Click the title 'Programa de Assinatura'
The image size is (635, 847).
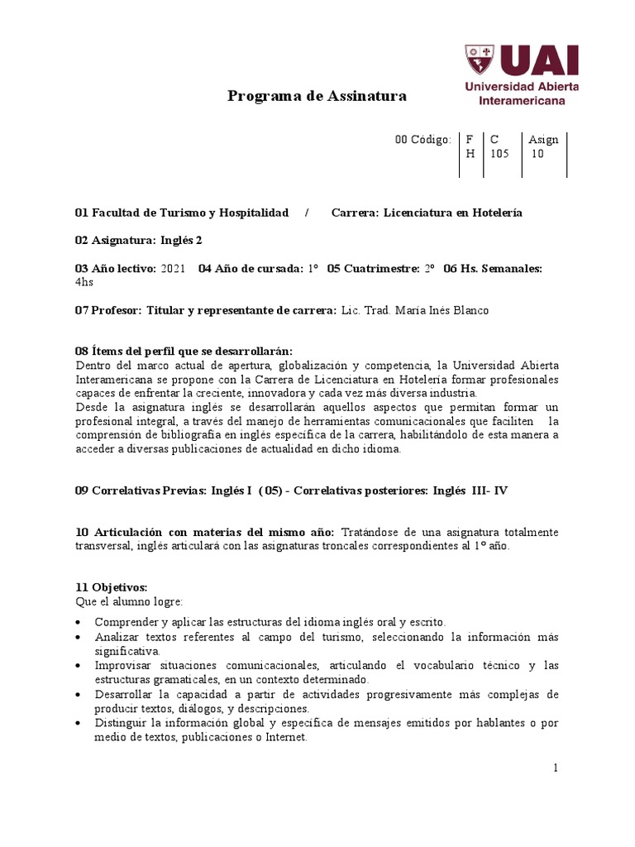pyautogui.click(x=317, y=96)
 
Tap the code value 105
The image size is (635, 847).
pyautogui.click(x=499, y=154)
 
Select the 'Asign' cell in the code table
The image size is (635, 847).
pyautogui.click(x=543, y=139)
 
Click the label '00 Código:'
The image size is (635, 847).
pyautogui.click(x=423, y=139)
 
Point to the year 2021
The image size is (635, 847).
pyautogui.click(x=173, y=268)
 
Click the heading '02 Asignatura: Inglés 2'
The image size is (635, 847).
pyautogui.click(x=138, y=240)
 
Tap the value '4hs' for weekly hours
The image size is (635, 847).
pyautogui.click(x=84, y=282)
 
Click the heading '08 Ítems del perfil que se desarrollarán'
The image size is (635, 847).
pyautogui.click(x=184, y=351)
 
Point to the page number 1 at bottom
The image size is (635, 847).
pyautogui.click(x=556, y=768)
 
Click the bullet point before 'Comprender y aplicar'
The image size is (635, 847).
pyautogui.click(x=78, y=621)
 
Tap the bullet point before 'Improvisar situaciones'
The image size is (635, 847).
pyautogui.click(x=78, y=665)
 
